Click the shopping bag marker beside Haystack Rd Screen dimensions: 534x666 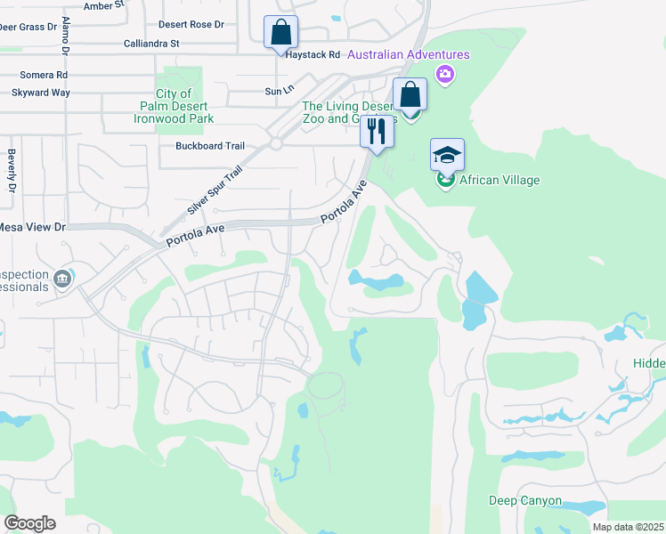point(281,33)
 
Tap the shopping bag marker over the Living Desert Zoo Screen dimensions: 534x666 point(410,93)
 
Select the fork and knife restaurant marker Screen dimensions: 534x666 point(377,132)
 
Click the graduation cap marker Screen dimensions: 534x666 point(447,155)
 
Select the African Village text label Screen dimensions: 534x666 point(499,181)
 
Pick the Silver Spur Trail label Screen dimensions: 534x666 point(215,190)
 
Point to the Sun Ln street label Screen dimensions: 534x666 point(279,91)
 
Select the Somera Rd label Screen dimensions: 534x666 point(37,76)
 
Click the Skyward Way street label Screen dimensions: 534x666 point(40,92)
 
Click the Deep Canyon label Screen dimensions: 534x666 point(524,501)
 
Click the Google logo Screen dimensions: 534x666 point(28,523)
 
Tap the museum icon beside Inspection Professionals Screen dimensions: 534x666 point(61,279)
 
